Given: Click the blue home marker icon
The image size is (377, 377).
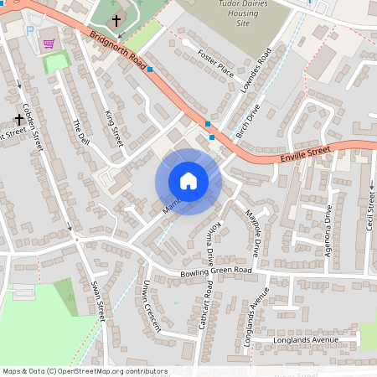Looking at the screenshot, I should (188, 180).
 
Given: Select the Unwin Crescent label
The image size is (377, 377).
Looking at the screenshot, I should (151, 306).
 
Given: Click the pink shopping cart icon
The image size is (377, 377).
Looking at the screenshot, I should (49, 44).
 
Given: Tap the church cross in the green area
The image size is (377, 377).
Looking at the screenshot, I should (116, 18).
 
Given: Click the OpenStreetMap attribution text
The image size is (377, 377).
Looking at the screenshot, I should (85, 371).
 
